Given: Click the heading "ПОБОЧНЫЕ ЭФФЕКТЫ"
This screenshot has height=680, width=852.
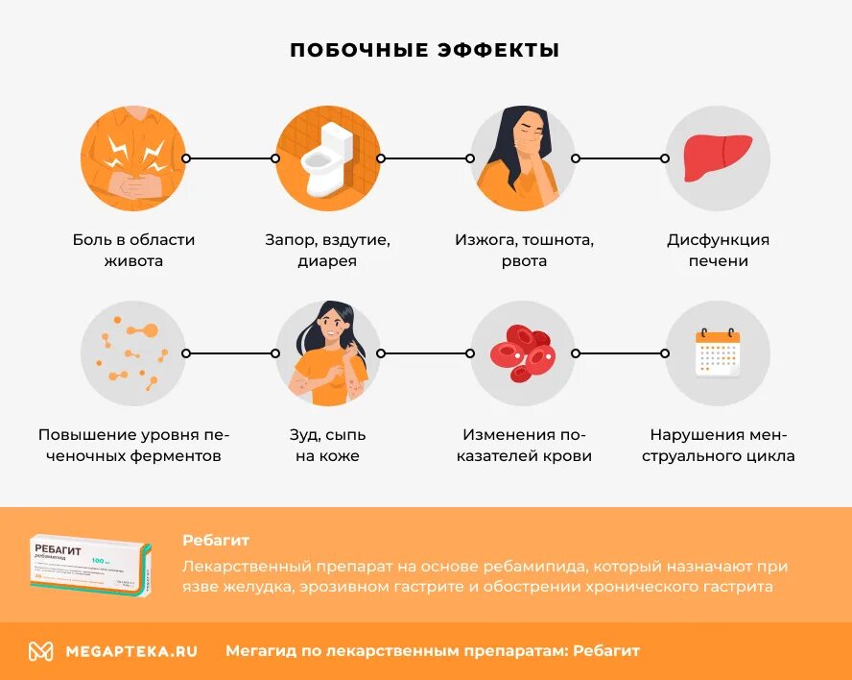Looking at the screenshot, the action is [425, 50].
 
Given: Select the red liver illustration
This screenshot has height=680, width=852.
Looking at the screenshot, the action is [718, 158].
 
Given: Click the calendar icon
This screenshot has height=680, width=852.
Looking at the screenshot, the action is [718, 353].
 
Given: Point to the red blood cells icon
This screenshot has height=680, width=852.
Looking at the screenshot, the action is [523, 353].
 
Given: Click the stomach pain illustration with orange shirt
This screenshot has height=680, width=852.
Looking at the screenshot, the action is [133, 158].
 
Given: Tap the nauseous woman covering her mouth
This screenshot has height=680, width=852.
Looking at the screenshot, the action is [523, 158].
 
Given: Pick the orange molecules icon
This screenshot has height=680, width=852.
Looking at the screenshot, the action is [133, 353].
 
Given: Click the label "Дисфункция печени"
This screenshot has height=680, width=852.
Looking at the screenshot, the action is [718, 250].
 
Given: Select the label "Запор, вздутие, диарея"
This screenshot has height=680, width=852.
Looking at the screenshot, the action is [328, 250].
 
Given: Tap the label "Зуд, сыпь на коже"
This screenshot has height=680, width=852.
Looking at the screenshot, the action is [328, 445].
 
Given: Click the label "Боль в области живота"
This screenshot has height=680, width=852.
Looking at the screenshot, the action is [133, 250].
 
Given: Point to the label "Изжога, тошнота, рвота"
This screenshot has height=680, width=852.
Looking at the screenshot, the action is [524, 250].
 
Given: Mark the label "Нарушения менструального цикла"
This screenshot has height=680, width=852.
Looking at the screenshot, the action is [722, 445].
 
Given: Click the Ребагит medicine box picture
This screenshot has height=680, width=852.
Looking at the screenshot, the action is [89, 567].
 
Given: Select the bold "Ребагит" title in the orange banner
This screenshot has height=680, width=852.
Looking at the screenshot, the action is [216, 540].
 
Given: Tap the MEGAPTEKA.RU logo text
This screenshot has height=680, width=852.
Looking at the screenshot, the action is [131, 651].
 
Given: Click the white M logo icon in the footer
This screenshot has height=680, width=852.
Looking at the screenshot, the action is [40, 651].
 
